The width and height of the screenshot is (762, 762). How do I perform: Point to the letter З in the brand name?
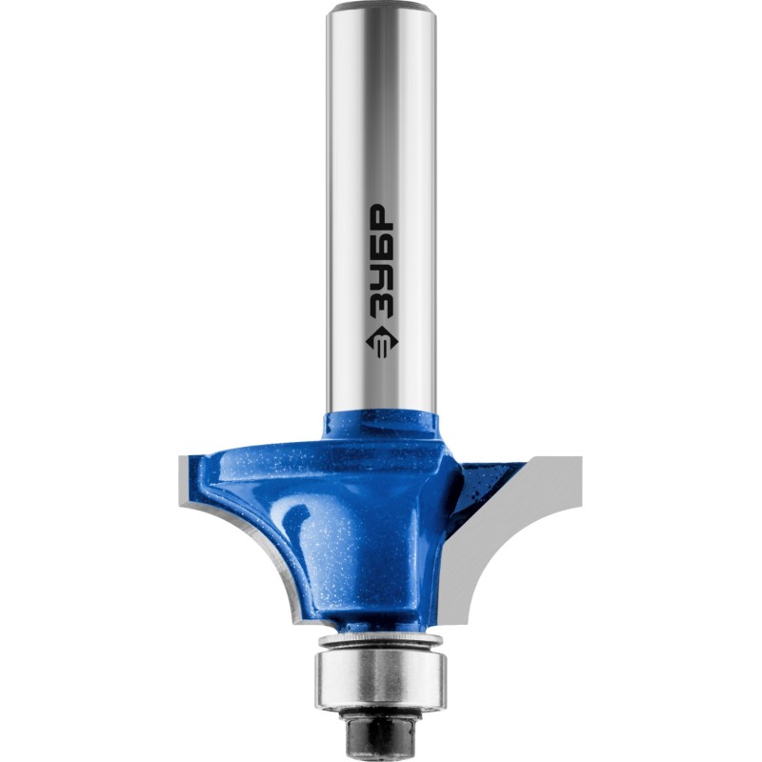click(382, 305)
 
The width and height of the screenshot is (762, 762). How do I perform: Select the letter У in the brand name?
click(382, 277)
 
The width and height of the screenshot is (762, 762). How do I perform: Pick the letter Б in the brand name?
click(382, 248)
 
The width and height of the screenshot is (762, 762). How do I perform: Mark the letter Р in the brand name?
click(382, 219)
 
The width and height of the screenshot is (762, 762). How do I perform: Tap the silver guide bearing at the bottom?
click(381, 676)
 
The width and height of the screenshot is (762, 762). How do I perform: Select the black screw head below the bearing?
click(380, 728)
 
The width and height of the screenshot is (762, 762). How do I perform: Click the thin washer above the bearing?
click(380, 641)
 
